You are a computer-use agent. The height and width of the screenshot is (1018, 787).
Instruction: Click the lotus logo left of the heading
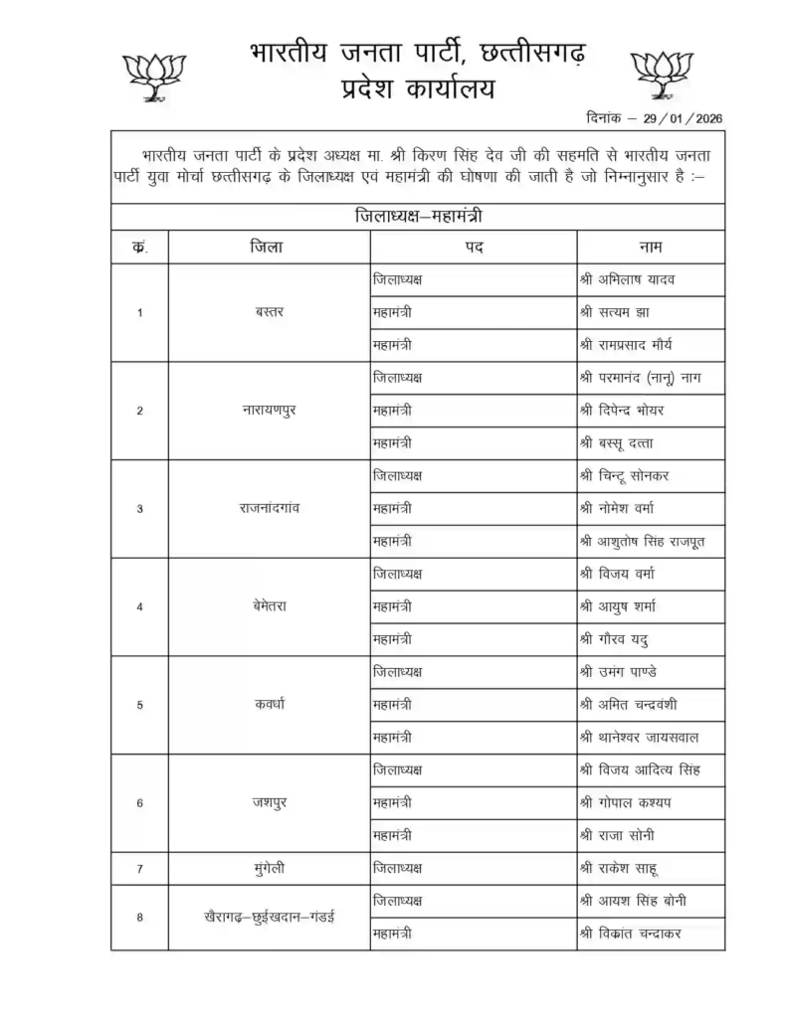point(147,75)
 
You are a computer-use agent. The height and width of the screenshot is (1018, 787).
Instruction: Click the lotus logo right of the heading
point(662,75)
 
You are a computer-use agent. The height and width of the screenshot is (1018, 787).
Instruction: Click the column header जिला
point(266,248)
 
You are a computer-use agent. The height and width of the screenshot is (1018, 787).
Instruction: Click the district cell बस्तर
point(269,312)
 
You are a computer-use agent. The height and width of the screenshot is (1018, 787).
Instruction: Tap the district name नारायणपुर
point(269,411)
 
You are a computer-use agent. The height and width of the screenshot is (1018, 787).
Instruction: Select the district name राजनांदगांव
point(269,508)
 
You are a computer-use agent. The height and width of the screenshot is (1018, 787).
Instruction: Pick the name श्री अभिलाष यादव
point(632,279)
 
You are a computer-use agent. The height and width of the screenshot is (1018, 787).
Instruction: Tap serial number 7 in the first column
point(139,869)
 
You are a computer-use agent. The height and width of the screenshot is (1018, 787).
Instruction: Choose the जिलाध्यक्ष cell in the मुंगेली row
point(396,869)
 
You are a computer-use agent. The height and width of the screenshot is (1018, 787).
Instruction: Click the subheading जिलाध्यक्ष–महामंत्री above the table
point(418,216)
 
